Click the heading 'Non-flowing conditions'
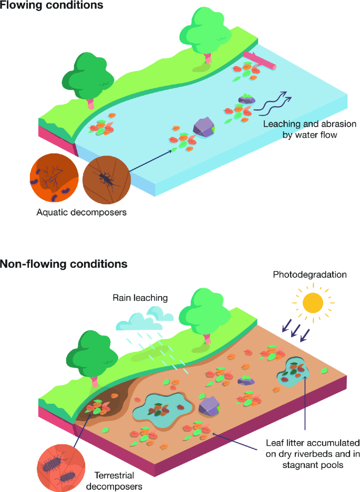64,264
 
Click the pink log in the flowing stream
259,60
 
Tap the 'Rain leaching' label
140,298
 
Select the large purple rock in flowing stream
205,127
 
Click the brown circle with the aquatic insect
106,179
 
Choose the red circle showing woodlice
59,462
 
